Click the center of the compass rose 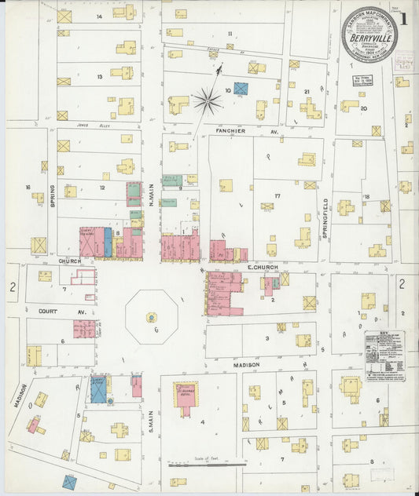[x=208, y=99]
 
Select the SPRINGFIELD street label [x=324, y=211]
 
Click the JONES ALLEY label [x=90, y=124]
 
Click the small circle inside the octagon [x=151, y=318]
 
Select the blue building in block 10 [x=241, y=89]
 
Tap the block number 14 [x=99, y=16]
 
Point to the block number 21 [x=307, y=92]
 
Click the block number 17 [x=277, y=195]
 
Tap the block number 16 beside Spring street [x=28, y=188]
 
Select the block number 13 [x=100, y=77]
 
